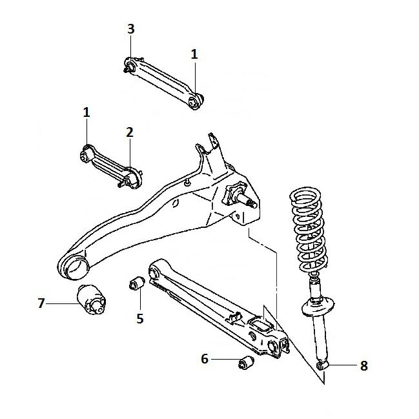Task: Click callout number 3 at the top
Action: [x=130, y=29]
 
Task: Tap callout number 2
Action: [x=130, y=132]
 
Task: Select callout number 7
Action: [x=41, y=303]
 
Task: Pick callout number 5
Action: [x=140, y=318]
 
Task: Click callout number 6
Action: [x=205, y=359]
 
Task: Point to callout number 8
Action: [x=364, y=366]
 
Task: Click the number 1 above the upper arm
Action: [x=194, y=54]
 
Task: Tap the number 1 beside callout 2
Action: [x=87, y=112]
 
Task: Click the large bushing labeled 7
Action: [x=92, y=300]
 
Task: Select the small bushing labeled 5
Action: [x=137, y=283]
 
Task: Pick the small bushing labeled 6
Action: [x=246, y=362]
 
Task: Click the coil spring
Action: [x=309, y=230]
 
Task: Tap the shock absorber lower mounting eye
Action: [x=322, y=365]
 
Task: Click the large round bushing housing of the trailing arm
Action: [x=73, y=265]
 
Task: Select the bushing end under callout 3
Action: [x=130, y=65]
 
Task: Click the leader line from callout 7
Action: [x=61, y=303]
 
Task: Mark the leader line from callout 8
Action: [x=342, y=365]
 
